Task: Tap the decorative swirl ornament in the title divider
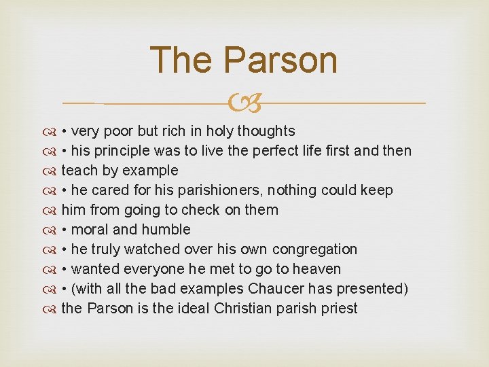click(x=244, y=103)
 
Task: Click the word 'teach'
click(x=79, y=171)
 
